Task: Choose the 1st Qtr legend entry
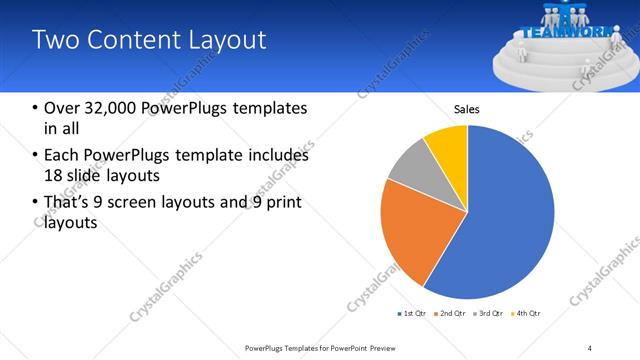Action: pyautogui.click(x=412, y=314)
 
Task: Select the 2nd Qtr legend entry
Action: pyautogui.click(x=452, y=314)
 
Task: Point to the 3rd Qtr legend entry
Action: pyautogui.click(x=490, y=314)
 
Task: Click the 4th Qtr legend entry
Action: pyautogui.click(x=527, y=314)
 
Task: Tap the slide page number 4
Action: pyautogui.click(x=590, y=347)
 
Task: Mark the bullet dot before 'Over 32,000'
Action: pyautogui.click(x=36, y=108)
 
